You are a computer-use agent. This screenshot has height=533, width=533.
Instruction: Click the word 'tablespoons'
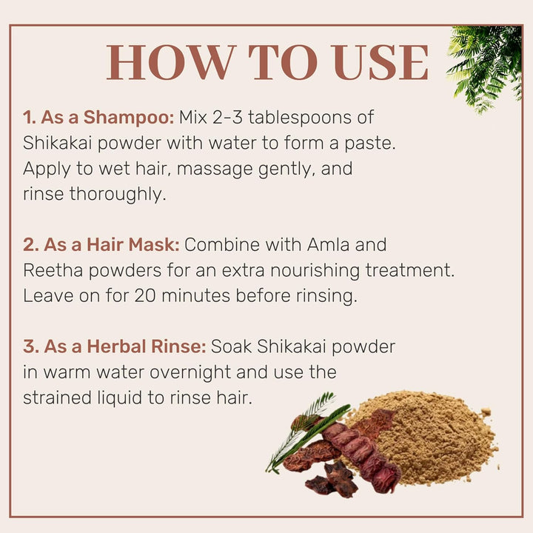click(x=311, y=118)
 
